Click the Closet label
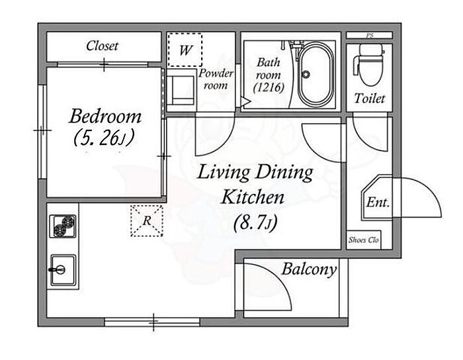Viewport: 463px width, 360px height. (x=102, y=46)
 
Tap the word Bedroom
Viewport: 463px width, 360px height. (x=105, y=116)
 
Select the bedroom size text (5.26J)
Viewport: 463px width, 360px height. (x=104, y=138)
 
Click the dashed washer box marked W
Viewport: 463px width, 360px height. (x=185, y=50)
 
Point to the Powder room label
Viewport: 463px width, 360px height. (x=216, y=79)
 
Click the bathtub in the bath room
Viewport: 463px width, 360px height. (x=314, y=75)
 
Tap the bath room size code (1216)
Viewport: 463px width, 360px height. (x=269, y=88)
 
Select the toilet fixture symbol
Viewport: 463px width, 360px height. (x=368, y=65)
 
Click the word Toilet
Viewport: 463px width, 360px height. (x=370, y=99)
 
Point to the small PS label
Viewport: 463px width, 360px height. (x=370, y=36)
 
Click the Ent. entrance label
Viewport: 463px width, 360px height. (x=378, y=202)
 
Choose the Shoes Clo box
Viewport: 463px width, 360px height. (x=364, y=240)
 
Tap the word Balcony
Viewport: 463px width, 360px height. (x=309, y=269)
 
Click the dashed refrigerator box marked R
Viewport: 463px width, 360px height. (x=147, y=220)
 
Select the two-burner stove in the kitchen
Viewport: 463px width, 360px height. (x=63, y=226)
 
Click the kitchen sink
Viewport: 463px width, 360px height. (x=63, y=270)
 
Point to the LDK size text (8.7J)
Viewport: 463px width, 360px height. (x=256, y=223)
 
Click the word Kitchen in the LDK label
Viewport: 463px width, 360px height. (x=253, y=198)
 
